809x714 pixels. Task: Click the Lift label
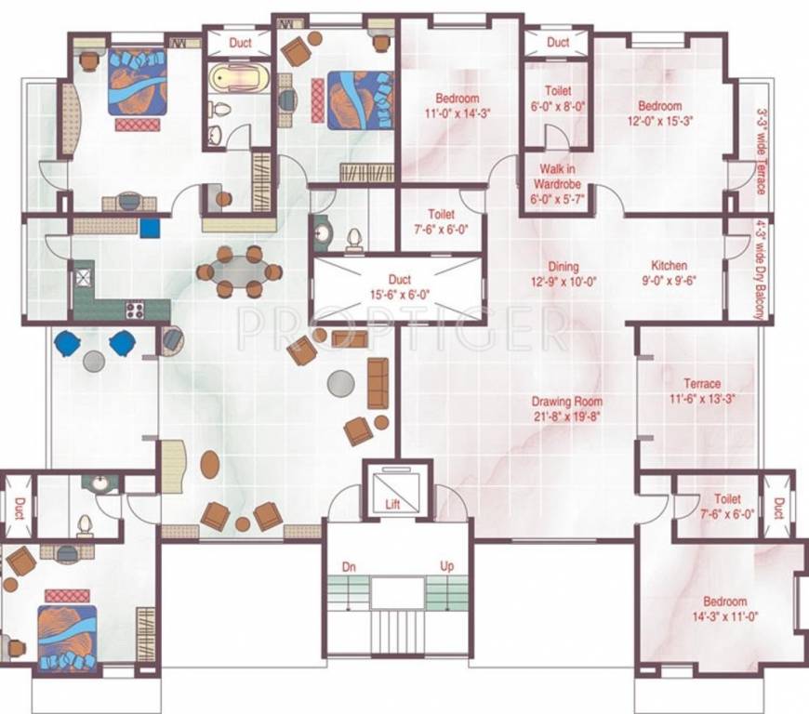[x=392, y=504]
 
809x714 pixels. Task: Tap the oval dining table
[x=238, y=272]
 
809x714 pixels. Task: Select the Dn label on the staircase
[x=348, y=566]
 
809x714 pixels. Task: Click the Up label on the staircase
[x=446, y=566]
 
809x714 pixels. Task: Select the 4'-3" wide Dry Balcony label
[x=760, y=270]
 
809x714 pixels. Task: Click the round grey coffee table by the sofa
[x=341, y=381]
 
